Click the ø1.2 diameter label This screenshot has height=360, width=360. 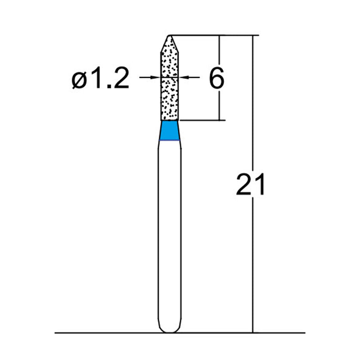pyautogui.click(x=100, y=79)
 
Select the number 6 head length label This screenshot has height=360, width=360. pyautogui.click(x=216, y=79)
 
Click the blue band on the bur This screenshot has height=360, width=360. pyautogui.click(x=171, y=131)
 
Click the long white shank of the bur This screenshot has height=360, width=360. pyautogui.click(x=171, y=234)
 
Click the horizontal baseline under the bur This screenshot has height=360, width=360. pyautogui.click(x=112, y=333)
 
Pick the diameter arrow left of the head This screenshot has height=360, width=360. pyautogui.click(x=151, y=77)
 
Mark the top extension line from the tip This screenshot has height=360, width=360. pyautogui.click(x=211, y=35)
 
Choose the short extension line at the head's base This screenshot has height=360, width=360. pyautogui.click(x=202, y=120)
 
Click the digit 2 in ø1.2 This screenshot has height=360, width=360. pyautogui.click(x=120, y=79)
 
